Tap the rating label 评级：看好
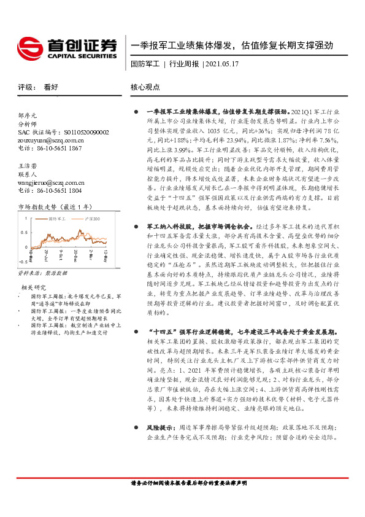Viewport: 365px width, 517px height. tap(38, 87)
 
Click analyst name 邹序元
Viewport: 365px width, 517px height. tap(28, 115)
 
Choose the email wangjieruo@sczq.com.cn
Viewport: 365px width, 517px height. tap(52, 182)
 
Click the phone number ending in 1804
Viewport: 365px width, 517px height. tap(49, 191)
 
